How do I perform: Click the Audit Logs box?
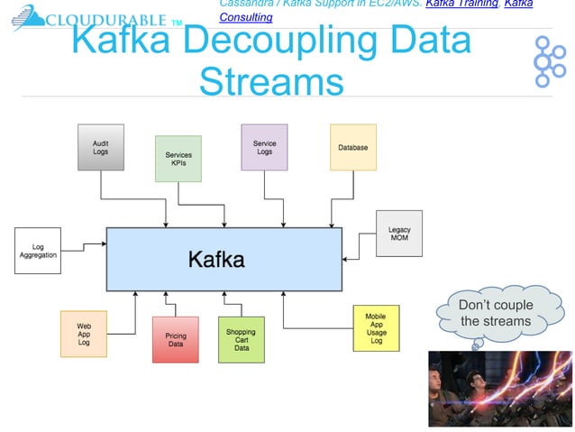click(101, 148)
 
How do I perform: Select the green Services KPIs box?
click(178, 159)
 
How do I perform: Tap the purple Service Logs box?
click(264, 148)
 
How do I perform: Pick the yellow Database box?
click(352, 148)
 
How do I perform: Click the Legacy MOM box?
click(399, 234)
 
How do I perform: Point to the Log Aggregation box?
click(38, 251)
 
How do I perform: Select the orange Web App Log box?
click(84, 334)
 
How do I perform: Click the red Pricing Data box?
click(176, 339)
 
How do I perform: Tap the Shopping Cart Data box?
click(242, 339)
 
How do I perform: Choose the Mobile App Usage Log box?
click(376, 329)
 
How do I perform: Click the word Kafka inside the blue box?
click(216, 260)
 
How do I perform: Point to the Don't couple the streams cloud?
click(495, 314)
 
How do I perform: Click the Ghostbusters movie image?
click(498, 389)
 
